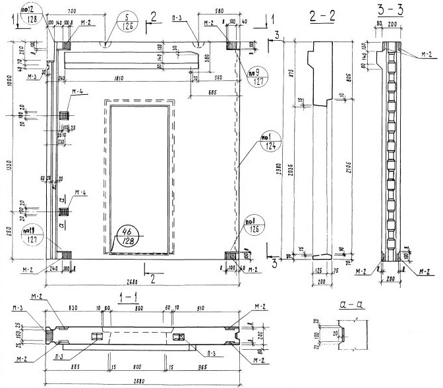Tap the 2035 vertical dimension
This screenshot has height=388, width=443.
click(x=293, y=161)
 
